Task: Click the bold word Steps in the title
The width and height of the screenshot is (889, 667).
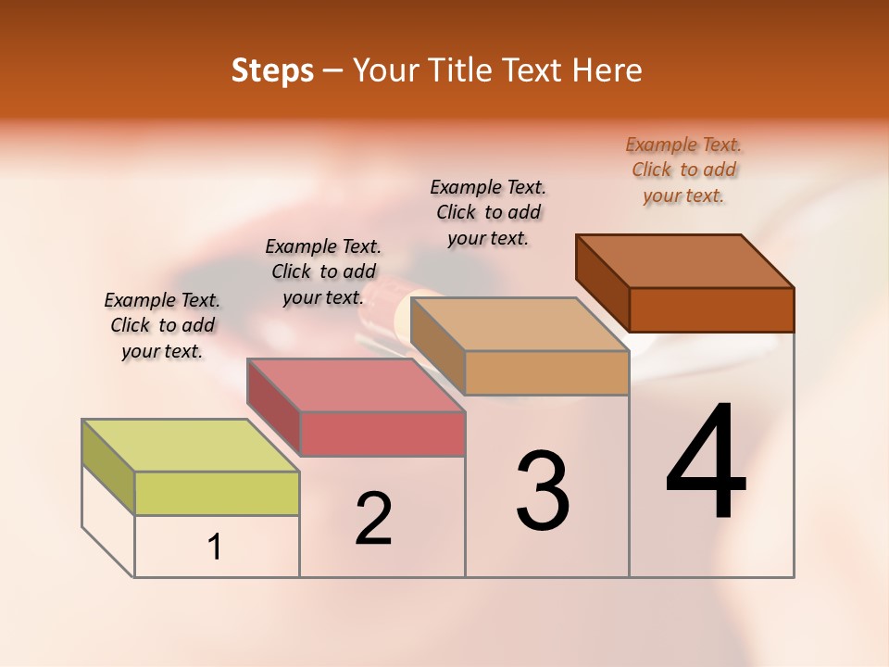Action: click(x=272, y=70)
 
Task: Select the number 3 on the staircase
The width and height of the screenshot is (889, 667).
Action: click(x=543, y=491)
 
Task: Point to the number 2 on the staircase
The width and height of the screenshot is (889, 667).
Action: click(x=374, y=519)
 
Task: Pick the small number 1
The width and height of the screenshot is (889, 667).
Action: click(x=215, y=547)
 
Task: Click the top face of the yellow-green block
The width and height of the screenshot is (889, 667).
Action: click(x=190, y=446)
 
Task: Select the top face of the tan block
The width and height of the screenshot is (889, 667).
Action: click(x=519, y=324)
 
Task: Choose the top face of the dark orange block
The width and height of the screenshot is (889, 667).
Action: click(x=685, y=261)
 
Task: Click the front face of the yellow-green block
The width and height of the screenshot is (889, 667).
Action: click(x=217, y=493)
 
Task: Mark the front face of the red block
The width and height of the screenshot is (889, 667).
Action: click(x=382, y=434)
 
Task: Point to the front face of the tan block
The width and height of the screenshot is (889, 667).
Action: click(x=546, y=372)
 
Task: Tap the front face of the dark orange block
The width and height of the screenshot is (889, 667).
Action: click(x=711, y=309)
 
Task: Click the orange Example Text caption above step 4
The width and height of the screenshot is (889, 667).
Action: click(x=683, y=170)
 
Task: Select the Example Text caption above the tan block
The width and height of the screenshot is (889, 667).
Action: click(x=488, y=212)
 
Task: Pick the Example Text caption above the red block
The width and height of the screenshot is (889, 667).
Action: click(x=323, y=271)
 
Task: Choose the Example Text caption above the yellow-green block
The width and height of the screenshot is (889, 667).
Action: click(x=162, y=325)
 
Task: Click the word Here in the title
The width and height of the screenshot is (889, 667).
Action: click(x=607, y=70)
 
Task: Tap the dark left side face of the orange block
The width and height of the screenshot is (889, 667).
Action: click(x=603, y=283)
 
